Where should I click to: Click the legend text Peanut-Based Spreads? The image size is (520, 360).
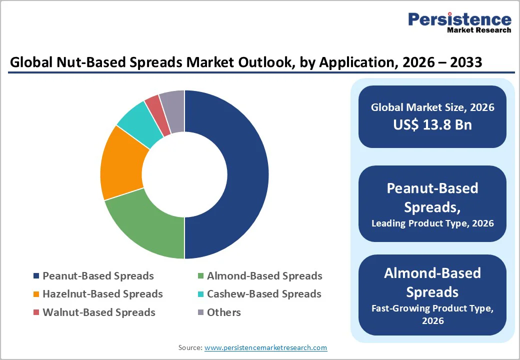coord(98,276)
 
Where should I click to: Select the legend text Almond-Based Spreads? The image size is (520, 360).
coord(264,276)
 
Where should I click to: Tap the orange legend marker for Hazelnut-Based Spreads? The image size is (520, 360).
coord(36,294)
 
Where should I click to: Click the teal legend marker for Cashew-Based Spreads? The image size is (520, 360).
coord(200,294)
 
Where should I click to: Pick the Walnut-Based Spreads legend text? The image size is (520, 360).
coord(98,312)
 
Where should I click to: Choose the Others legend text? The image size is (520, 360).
coord(224,312)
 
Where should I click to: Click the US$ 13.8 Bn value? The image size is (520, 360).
coord(432,124)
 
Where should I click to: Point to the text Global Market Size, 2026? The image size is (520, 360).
coord(432,107)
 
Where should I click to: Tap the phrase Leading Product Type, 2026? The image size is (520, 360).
coord(432,223)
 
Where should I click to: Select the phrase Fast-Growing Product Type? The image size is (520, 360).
coord(432,308)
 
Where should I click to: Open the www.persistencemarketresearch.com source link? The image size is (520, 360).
coord(265,347)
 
